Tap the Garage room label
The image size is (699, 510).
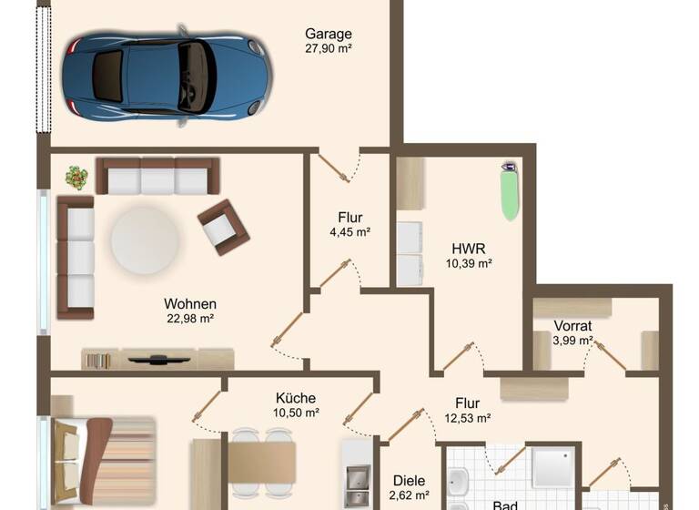pos(328,34)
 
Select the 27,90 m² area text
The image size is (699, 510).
pos(328,48)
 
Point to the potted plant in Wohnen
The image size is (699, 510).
pos(76,177)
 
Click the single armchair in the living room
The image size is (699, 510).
pos(223,227)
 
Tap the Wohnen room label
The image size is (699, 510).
pos(190,303)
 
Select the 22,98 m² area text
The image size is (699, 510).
pos(189,319)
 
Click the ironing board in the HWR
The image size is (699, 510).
pos(510,191)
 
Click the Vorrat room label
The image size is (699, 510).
pos(573,325)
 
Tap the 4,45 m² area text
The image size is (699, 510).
pos(350,232)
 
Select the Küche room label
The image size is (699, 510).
pos(296,398)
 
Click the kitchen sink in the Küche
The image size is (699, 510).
pos(357,477)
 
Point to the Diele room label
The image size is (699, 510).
pos(409,481)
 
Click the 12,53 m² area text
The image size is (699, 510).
pos(468,418)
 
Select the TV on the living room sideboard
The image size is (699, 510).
pos(159,359)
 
